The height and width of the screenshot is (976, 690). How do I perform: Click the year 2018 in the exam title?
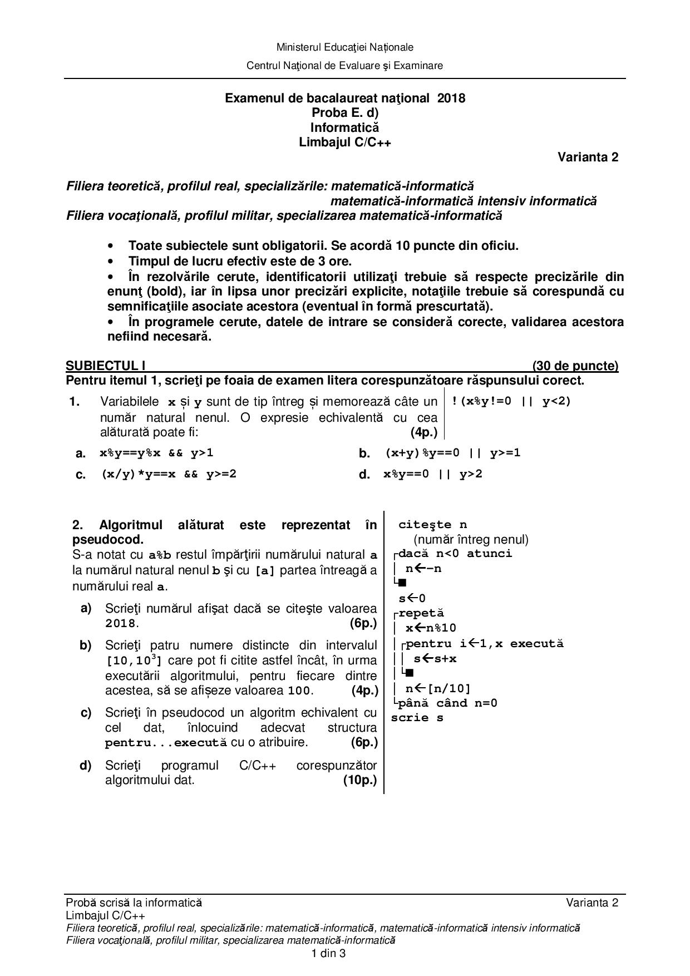[451, 98]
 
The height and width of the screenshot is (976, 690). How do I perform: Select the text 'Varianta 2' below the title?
[588, 157]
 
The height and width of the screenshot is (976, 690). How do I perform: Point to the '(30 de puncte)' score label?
[575, 366]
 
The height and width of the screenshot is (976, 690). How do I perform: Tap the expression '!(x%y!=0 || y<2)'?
[511, 401]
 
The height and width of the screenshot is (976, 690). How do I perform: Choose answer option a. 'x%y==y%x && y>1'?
[156, 453]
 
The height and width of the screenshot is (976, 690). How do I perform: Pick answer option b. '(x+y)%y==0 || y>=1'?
[452, 453]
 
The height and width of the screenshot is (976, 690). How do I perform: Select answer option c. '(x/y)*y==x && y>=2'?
[169, 474]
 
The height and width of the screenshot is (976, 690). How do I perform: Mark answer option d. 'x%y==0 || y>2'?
[432, 474]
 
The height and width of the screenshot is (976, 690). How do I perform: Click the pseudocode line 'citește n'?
[432, 525]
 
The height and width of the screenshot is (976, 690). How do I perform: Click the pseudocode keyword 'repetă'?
[421, 613]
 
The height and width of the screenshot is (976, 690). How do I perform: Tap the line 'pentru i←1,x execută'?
[485, 643]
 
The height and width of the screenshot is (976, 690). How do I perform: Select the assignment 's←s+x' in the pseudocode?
[435, 658]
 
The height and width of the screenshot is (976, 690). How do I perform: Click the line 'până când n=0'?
[448, 703]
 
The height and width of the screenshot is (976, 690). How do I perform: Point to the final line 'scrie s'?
[417, 717]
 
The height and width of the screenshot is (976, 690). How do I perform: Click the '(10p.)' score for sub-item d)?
[360, 780]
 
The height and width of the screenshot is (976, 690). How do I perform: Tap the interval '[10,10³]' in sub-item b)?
[134, 660]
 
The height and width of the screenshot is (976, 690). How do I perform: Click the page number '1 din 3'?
[329, 953]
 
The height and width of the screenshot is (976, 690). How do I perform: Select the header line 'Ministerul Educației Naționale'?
[344, 47]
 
